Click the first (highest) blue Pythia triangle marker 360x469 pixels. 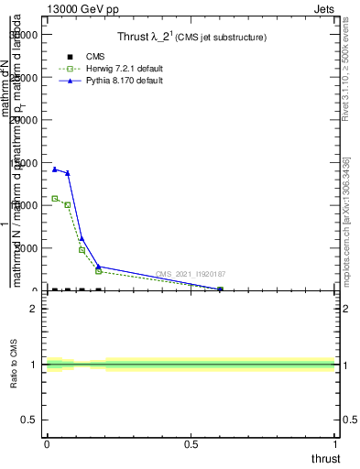click(x=54, y=169)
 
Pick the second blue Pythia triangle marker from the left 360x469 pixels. click(x=68, y=173)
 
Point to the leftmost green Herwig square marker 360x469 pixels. click(x=54, y=198)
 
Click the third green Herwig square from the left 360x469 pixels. click(x=82, y=250)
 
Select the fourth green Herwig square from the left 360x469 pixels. click(x=98, y=271)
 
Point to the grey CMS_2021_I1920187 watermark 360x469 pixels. click(x=191, y=274)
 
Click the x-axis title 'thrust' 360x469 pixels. click(x=324, y=458)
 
